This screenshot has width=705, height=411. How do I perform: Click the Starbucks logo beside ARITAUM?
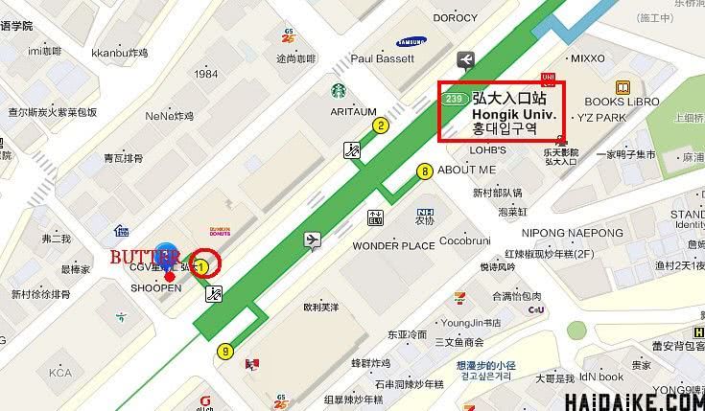(x=339, y=91)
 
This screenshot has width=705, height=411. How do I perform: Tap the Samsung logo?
(x=411, y=41)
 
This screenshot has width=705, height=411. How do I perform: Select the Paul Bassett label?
(x=383, y=58)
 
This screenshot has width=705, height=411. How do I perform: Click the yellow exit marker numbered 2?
(x=381, y=125)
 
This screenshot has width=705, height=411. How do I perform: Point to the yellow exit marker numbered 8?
(x=424, y=171)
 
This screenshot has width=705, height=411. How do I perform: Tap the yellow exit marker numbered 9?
(x=225, y=351)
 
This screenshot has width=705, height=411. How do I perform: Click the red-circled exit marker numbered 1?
(x=203, y=264)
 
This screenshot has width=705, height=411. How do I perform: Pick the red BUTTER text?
(x=144, y=257)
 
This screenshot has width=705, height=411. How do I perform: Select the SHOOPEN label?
(x=155, y=288)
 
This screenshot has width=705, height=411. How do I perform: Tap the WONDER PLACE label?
(x=393, y=245)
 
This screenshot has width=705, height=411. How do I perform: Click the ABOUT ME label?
(x=467, y=170)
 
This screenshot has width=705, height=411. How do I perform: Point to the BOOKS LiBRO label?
(x=622, y=102)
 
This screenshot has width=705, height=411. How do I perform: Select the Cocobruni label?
(x=467, y=240)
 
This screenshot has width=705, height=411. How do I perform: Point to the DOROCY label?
(x=455, y=17)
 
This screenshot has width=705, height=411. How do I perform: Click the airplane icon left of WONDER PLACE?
(x=313, y=240)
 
